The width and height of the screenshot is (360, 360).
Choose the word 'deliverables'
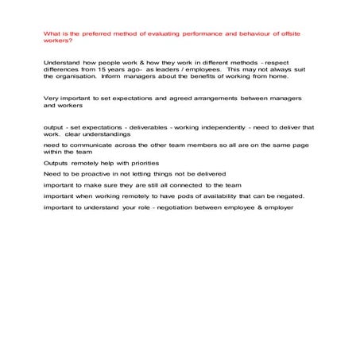pos(165,127)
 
